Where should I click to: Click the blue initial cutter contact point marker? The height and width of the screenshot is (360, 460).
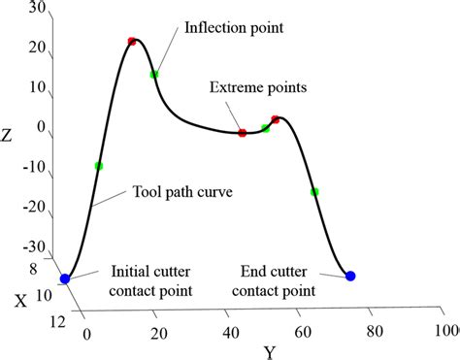(65, 278)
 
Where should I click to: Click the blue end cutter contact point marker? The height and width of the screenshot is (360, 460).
(350, 277)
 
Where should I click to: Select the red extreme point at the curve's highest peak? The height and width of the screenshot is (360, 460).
(132, 42)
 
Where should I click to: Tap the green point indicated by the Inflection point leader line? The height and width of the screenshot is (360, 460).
(153, 74)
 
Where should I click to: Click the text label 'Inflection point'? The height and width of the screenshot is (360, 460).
(234, 28)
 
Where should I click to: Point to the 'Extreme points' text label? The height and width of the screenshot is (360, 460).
(258, 87)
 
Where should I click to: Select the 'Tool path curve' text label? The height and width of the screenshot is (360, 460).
(182, 192)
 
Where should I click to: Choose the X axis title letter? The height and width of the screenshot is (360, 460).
(19, 301)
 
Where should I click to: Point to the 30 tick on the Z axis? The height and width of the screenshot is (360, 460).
(38, 8)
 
